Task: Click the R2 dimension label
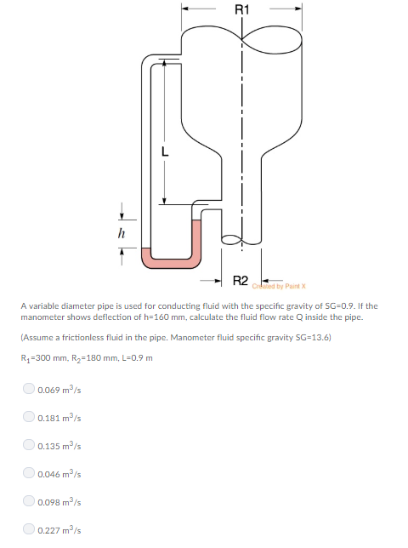[241, 280]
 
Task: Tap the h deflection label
[121, 231]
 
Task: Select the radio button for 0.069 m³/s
[28, 391]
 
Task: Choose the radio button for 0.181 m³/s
[28, 418]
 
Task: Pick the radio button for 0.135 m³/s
[28, 446]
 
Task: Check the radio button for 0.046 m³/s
[28, 474]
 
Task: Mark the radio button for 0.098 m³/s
[28, 502]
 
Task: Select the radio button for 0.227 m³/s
[28, 530]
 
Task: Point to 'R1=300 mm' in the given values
[46, 357]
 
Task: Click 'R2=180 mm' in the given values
[94, 357]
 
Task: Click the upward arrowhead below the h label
[121, 251]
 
